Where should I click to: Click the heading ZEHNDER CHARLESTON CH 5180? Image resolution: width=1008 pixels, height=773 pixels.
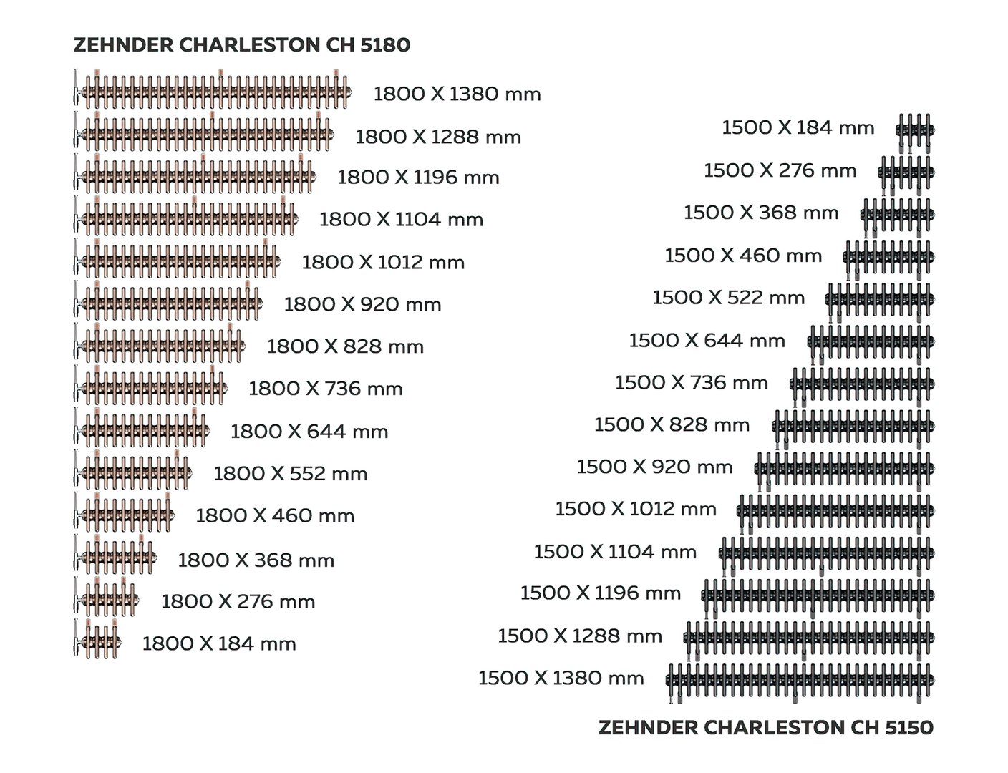pos(242,45)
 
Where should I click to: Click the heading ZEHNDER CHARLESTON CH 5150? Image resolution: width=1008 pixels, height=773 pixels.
pos(765,728)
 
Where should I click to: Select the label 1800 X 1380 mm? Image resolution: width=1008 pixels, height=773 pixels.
pos(457,94)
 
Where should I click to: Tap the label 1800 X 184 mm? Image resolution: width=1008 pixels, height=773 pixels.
pos(219,644)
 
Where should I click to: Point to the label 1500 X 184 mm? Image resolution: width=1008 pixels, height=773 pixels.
pos(798,128)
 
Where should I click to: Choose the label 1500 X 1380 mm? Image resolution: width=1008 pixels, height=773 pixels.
pos(561,679)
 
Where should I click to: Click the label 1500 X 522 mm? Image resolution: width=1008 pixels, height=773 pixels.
pos(728,298)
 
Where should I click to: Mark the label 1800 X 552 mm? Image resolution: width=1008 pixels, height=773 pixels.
pos(290,474)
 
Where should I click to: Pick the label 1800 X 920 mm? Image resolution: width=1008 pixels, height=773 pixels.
pos(362,305)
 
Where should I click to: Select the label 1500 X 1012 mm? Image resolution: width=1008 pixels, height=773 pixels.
pos(635,509)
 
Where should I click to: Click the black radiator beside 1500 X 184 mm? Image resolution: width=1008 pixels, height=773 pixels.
pos(915,130)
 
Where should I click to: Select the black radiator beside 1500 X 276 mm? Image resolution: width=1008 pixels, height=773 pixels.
pos(906,172)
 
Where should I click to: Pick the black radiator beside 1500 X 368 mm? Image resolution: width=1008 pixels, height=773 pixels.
pos(897,215)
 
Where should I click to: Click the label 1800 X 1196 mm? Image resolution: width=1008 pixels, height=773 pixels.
pos(418,178)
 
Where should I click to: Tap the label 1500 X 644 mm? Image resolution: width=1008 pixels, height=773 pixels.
pos(707,341)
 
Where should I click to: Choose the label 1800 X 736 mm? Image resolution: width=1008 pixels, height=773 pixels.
pos(325,389)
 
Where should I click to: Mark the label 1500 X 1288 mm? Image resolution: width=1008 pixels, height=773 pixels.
pos(579,636)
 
